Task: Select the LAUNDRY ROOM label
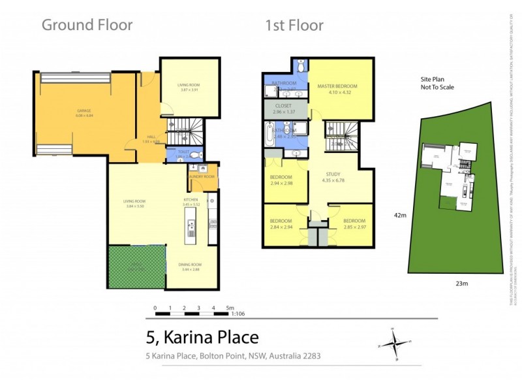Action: point(202,177)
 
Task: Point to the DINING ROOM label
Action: point(189,265)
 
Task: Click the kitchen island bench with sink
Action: point(192,229)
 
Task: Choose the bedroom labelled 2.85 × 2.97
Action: point(354,223)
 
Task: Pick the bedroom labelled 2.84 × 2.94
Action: point(281,223)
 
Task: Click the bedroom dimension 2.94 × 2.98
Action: point(281,184)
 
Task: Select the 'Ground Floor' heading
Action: point(87,25)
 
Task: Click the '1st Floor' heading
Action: point(294,25)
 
